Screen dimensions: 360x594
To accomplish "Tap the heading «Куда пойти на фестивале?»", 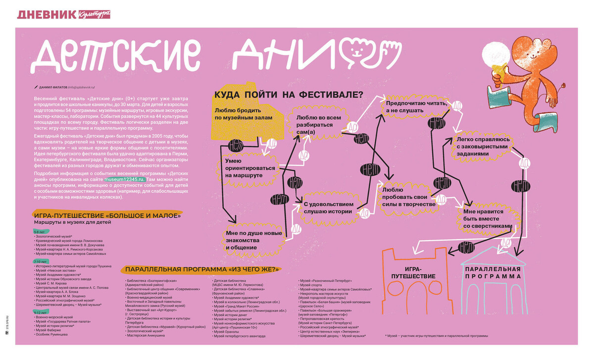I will (289, 94).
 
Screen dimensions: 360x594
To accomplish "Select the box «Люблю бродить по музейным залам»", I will (244, 113).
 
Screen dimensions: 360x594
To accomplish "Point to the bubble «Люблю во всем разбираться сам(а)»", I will (318, 121).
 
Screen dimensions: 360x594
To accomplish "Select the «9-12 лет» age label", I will (41, 312).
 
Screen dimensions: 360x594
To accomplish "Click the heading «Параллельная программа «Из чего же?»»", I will (202, 269).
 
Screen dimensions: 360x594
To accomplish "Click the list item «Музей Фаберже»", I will (48, 330).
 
